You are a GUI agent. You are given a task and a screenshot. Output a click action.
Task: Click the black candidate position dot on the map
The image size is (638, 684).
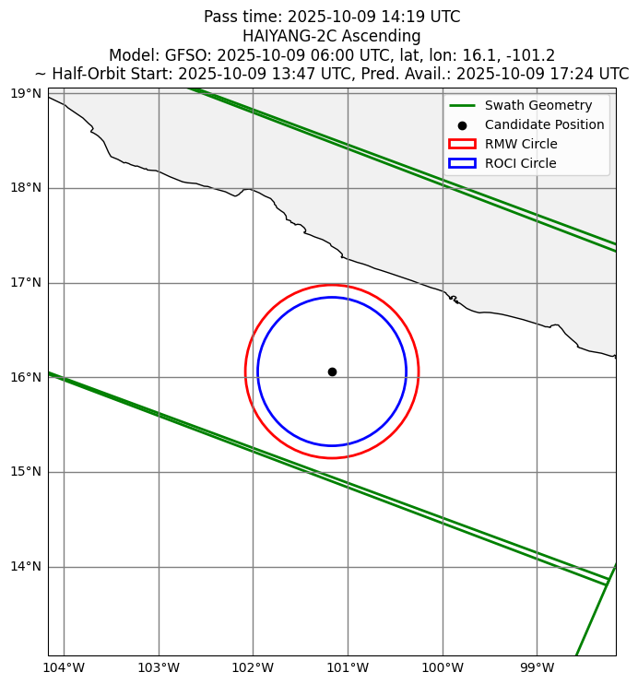coord(332,371)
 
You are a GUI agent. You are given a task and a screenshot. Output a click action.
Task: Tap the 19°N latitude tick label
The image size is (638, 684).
coord(24,94)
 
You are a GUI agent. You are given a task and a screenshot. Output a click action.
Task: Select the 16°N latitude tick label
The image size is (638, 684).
coord(24,378)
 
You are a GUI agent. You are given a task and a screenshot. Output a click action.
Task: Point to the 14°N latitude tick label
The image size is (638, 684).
coord(24,567)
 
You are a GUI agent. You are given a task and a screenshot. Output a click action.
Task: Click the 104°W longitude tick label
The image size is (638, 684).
coord(64,667)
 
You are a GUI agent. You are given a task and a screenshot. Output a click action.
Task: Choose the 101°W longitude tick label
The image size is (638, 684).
coord(348,667)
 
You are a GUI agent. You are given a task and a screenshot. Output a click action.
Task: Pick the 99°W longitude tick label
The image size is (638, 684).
coord(537,667)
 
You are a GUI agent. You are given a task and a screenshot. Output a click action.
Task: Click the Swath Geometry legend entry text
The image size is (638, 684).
coord(538,105)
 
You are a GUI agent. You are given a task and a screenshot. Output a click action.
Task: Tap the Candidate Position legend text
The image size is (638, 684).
coord(544,124)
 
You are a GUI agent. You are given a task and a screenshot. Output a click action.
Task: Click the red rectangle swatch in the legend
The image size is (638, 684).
coord(462,144)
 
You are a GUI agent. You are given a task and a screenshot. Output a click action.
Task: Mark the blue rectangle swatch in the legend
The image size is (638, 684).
coord(462,163)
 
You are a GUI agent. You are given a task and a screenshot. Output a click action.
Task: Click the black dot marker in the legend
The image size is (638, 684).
coord(462,124)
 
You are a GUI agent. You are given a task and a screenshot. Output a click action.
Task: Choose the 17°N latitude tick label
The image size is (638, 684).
coord(24,283)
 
